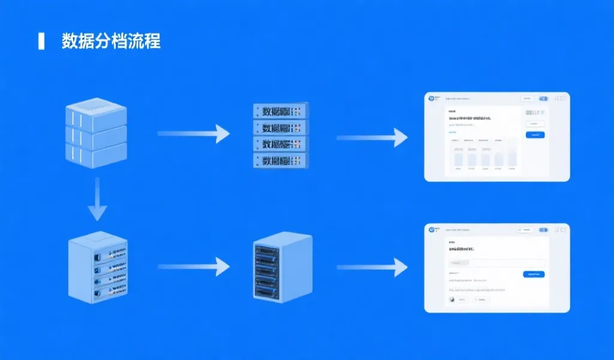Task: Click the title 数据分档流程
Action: (111, 41)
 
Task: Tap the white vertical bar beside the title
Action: (41, 41)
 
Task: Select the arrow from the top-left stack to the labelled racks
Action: (193, 134)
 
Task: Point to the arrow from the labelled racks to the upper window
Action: (372, 137)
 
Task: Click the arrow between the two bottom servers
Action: (193, 266)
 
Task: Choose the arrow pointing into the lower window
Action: (372, 267)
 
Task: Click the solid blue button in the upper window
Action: (535, 135)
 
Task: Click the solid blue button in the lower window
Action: (533, 274)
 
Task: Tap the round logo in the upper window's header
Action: (431, 98)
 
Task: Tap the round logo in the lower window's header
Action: (431, 230)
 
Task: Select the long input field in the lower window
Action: (496, 263)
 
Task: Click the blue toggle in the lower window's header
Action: (543, 230)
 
